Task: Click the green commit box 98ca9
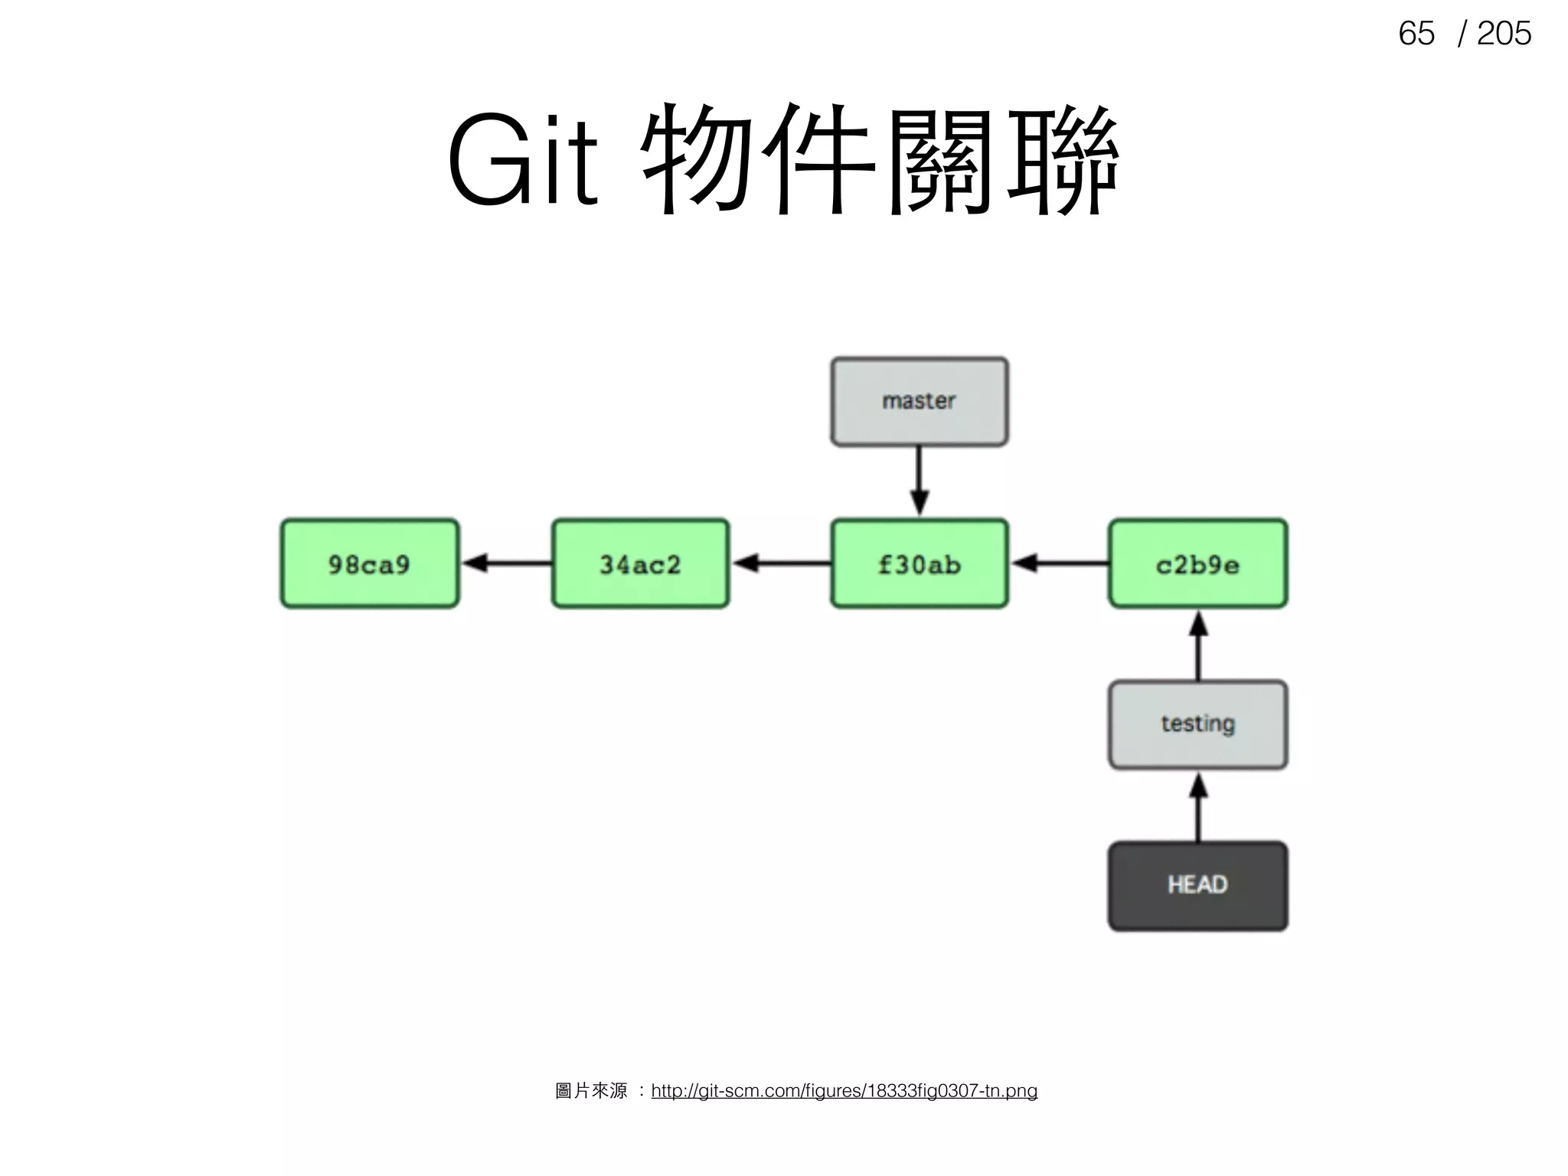point(370,563)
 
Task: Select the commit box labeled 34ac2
point(641,563)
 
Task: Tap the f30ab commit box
point(920,563)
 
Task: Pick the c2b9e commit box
point(1198,563)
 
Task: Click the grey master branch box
point(920,401)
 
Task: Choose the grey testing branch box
point(1198,724)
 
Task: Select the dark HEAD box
point(1198,886)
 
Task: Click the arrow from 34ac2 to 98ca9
point(506,563)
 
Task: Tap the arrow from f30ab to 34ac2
point(780,563)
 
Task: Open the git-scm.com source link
point(844,1090)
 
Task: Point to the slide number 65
point(1416,34)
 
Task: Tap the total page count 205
point(1504,34)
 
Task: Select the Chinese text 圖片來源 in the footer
point(591,1090)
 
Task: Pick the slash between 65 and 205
point(1463,34)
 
